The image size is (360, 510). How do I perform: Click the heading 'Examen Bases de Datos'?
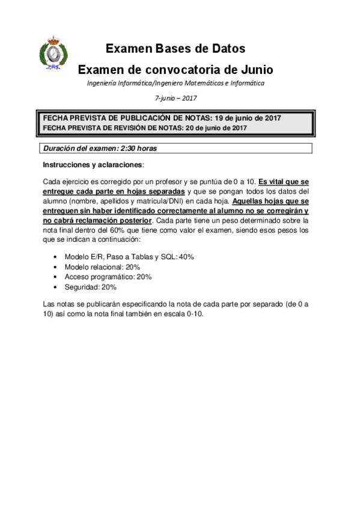pos(175,49)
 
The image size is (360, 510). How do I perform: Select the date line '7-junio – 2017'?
pos(175,97)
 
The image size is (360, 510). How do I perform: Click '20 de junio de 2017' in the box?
pos(216,127)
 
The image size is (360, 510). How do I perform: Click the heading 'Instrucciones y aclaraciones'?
pos(93,164)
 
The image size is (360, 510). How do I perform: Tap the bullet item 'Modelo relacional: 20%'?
pos(102,266)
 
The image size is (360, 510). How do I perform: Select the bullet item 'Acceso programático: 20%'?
pos(108,277)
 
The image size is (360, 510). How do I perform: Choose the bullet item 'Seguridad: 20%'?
pos(90,287)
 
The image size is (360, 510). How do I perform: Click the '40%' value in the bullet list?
pos(186,256)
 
